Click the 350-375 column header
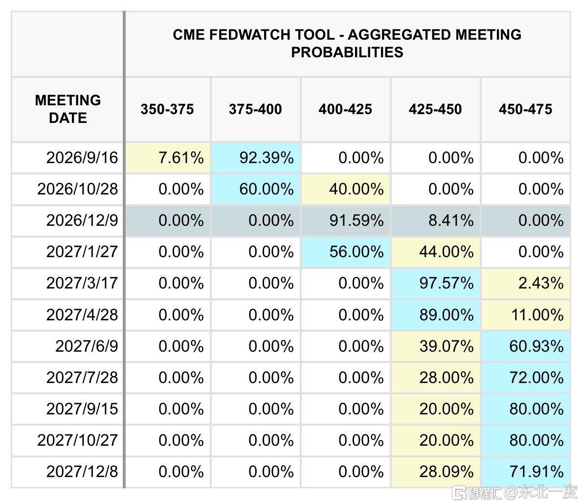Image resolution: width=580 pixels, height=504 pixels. click(167, 109)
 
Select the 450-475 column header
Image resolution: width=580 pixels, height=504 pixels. click(525, 109)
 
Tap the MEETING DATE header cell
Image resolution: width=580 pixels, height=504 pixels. click(68, 109)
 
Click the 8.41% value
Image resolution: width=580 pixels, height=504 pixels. click(451, 221)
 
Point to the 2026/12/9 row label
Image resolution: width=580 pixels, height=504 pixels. click(82, 221)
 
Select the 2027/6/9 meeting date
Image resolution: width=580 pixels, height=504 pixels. click(87, 346)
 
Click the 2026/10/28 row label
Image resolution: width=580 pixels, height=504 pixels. click(78, 190)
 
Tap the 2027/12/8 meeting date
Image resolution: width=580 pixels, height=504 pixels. click(82, 472)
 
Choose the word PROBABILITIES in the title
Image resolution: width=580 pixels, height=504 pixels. click(347, 52)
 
